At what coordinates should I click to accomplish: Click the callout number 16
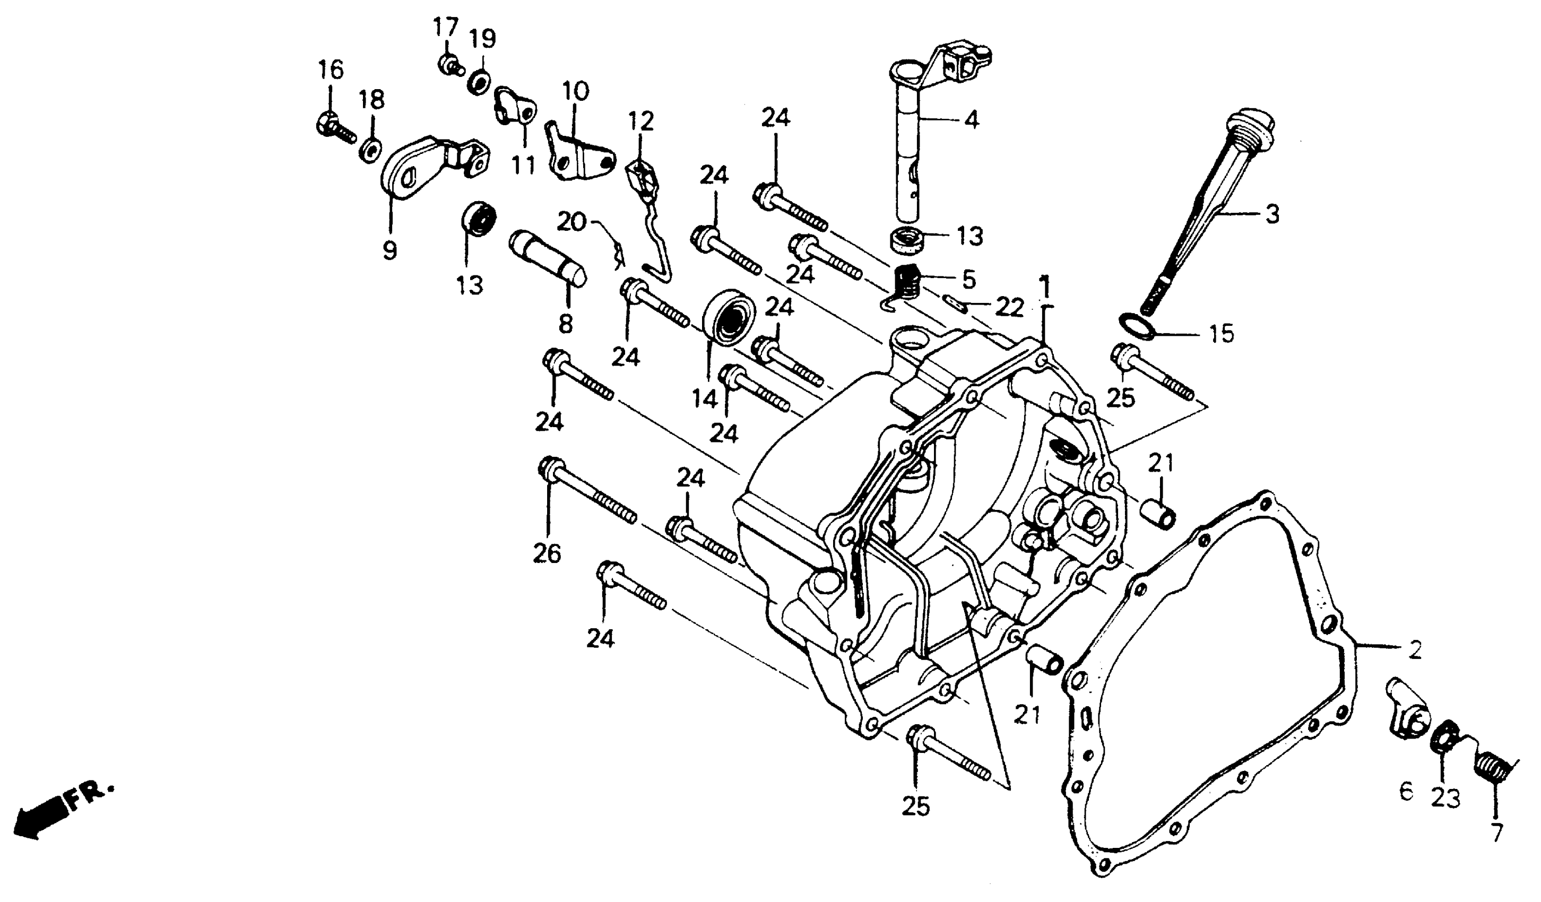click(331, 71)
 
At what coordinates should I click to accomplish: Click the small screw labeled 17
click(449, 64)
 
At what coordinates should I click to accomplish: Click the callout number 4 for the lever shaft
click(971, 120)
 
